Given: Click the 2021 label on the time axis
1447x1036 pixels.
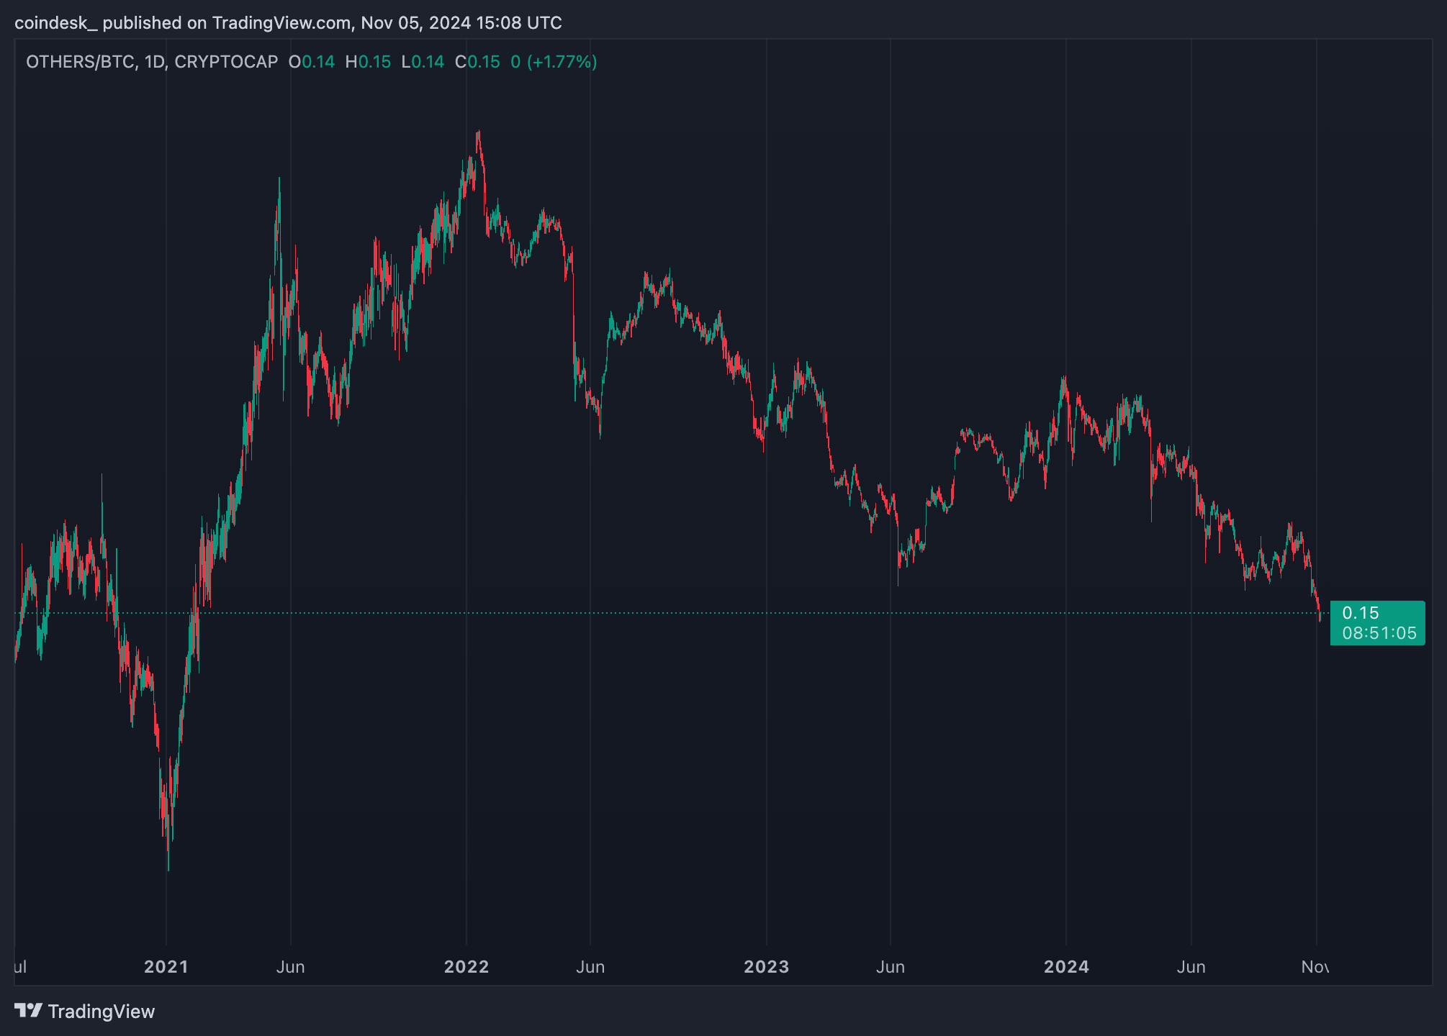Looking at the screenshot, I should [166, 966].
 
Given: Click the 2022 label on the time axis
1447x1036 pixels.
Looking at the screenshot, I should [466, 966].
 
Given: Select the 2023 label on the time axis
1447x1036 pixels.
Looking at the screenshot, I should [766, 966].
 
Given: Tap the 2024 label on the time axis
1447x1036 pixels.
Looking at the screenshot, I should [1066, 966].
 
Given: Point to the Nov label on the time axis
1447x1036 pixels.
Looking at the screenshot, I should [1315, 966].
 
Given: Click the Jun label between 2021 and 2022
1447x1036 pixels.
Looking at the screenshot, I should [290, 966].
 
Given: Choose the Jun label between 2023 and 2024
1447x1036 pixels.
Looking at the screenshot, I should [891, 966].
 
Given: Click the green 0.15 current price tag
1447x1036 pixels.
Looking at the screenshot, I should [1361, 613].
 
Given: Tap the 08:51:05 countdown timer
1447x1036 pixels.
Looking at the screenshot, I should [1379, 633].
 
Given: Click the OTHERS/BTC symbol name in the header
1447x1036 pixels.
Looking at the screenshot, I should [79, 62].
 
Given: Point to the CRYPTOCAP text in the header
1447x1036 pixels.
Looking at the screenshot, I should [226, 62].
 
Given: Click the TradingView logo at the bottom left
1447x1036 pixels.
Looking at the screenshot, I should [85, 1011].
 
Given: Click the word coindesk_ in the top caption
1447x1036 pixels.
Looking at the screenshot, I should [55, 23].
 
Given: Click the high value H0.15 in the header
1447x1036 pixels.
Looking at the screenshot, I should [368, 62].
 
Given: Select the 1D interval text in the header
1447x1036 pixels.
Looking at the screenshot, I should [154, 62].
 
